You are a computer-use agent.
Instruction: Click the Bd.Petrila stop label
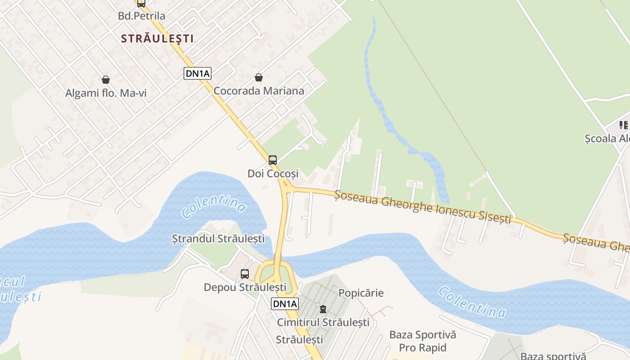coord(141,16)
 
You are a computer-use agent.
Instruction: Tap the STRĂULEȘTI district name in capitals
coord(157,39)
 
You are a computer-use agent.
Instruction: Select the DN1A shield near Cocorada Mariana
coord(198,73)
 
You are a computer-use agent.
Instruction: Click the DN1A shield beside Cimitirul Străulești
coord(285,304)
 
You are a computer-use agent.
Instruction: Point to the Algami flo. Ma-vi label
coord(106,93)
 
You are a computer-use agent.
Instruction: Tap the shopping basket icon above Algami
coord(106,80)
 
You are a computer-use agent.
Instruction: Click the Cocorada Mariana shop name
coord(259,90)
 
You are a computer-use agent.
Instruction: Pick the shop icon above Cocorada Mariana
coord(259,77)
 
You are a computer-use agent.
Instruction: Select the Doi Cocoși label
coord(273,173)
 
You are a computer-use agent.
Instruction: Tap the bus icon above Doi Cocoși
coord(273,160)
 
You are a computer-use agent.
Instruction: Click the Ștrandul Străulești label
coord(219,238)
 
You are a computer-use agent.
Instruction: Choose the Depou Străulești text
coord(245,287)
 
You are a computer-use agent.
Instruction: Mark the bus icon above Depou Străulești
coord(245,274)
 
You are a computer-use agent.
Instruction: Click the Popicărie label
coord(361,293)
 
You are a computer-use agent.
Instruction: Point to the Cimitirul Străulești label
coord(323,322)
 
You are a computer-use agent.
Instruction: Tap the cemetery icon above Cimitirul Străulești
coord(323,309)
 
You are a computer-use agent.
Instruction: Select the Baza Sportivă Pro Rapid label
coord(423,341)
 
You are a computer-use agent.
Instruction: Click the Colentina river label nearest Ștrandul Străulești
coord(214,205)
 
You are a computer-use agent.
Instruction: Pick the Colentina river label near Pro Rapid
coord(472,302)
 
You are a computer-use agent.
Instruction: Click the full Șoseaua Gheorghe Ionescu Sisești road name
coord(423,206)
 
